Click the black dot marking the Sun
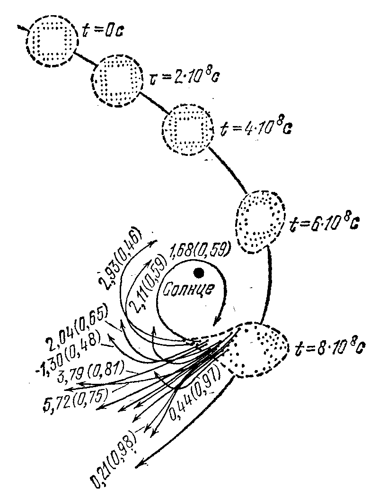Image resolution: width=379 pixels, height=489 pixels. (199, 272)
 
